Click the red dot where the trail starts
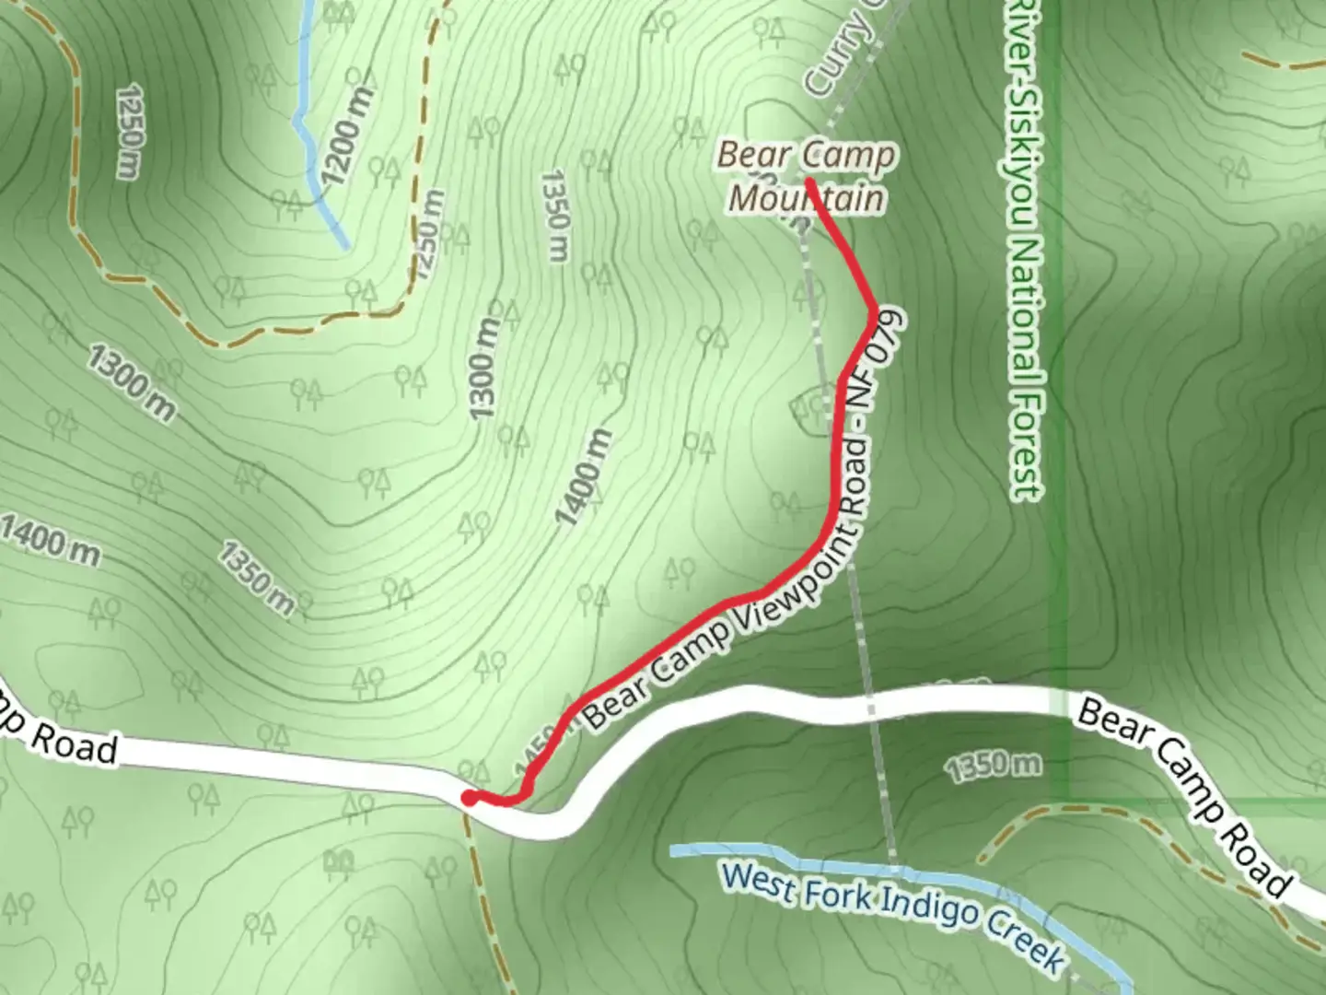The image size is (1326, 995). [469, 798]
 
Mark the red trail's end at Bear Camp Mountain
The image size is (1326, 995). [808, 181]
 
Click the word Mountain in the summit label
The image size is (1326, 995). [808, 198]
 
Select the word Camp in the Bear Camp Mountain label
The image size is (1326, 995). [848, 156]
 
